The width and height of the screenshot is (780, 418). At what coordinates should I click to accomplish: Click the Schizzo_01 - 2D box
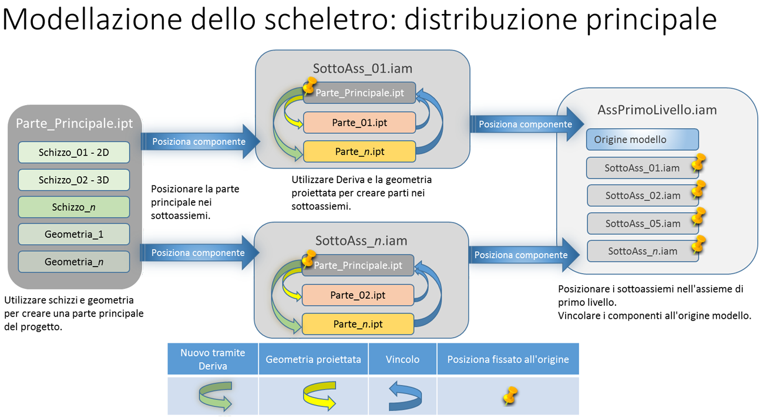pyautogui.click(x=73, y=153)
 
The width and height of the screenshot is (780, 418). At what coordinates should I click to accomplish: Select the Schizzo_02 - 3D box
pyautogui.click(x=73, y=180)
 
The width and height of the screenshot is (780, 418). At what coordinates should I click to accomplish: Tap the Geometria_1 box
pyautogui.click(x=73, y=234)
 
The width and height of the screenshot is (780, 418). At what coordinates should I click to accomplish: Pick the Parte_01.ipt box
pyautogui.click(x=359, y=123)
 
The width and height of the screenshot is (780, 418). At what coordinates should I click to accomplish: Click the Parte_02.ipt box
pyautogui.click(x=358, y=295)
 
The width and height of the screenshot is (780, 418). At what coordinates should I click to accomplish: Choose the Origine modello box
pyautogui.click(x=642, y=140)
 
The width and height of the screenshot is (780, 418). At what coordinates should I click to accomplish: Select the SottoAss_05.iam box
pyautogui.click(x=642, y=223)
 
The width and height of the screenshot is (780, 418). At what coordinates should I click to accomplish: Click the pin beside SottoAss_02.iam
pyautogui.click(x=698, y=190)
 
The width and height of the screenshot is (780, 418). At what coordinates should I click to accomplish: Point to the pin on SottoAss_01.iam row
pyautogui.click(x=698, y=162)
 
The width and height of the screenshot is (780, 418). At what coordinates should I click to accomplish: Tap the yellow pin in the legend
pyautogui.click(x=510, y=397)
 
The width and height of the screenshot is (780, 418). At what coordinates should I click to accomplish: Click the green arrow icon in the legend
pyautogui.click(x=215, y=396)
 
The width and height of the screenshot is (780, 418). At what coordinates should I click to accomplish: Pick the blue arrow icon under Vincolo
pyautogui.click(x=404, y=396)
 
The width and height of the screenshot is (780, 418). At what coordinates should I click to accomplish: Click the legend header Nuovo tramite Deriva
pyautogui.click(x=213, y=359)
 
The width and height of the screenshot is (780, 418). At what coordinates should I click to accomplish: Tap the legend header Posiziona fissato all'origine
pyautogui.click(x=508, y=359)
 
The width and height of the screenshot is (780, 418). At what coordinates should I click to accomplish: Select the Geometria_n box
pyautogui.click(x=73, y=262)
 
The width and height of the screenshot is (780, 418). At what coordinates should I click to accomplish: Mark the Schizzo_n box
pyautogui.click(x=73, y=207)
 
